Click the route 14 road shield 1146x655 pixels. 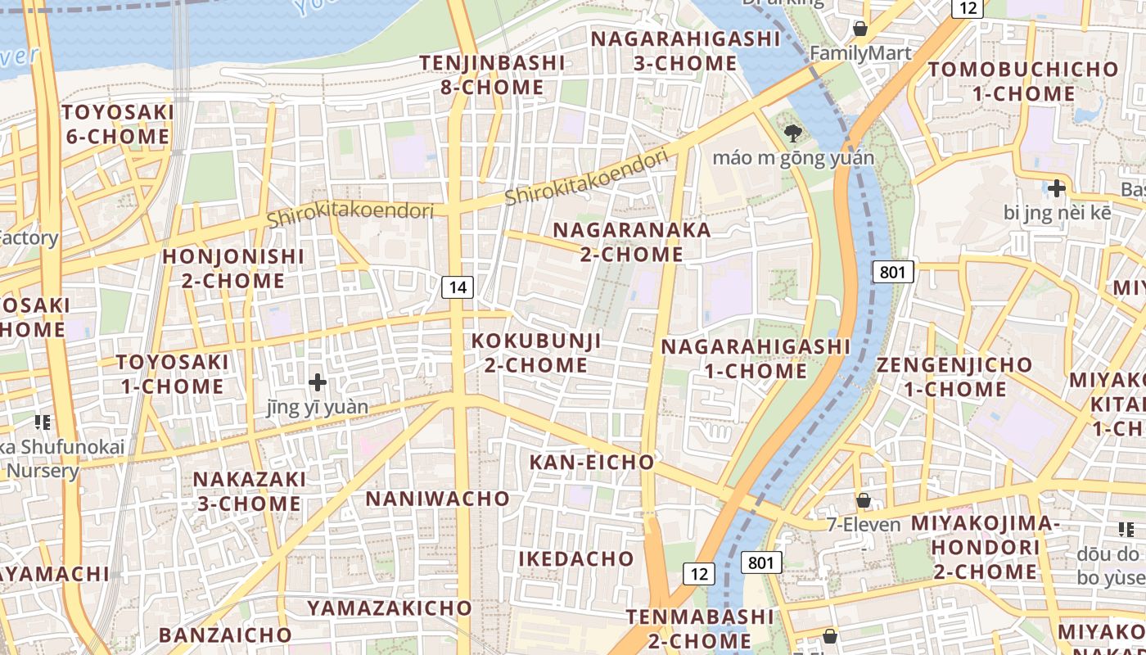pos(458,287)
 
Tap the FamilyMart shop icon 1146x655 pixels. pos(860,29)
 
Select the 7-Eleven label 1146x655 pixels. pos(864,525)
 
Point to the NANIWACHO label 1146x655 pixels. pos(437,499)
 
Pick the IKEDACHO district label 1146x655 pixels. pos(576,559)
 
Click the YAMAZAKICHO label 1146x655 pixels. pos(390,608)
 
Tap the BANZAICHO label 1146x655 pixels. pos(225,635)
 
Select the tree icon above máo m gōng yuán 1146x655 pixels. pos(792,133)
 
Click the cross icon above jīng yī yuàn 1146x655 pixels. pos(318,382)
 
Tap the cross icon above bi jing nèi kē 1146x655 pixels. pos(1057,188)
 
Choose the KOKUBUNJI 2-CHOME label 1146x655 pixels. pos(537,353)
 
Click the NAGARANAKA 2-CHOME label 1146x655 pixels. pos(632,242)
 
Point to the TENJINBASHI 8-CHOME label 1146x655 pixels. pos(492,75)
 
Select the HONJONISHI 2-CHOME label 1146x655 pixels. pos(233,269)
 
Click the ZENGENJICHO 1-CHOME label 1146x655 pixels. pos(954,377)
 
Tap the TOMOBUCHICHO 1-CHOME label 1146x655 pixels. pos(1023,81)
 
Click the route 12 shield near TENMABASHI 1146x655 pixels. pos(698,574)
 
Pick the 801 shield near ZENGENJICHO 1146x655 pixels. pos(892,272)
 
